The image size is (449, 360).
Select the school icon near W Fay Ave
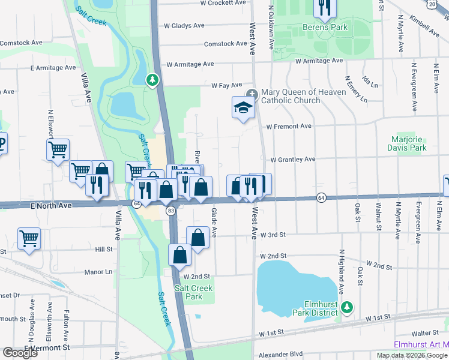tap(243, 108)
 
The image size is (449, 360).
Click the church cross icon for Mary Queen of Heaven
tap(252, 92)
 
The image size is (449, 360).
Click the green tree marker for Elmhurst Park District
tap(346, 308)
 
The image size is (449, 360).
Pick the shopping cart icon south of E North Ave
tap(29, 239)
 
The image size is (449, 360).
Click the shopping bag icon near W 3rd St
tap(197, 237)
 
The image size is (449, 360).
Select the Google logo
tap(20, 353)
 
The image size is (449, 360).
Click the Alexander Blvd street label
tap(281, 355)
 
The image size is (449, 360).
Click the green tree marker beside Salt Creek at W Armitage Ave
tap(153, 79)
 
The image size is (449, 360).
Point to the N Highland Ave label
tap(340, 271)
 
